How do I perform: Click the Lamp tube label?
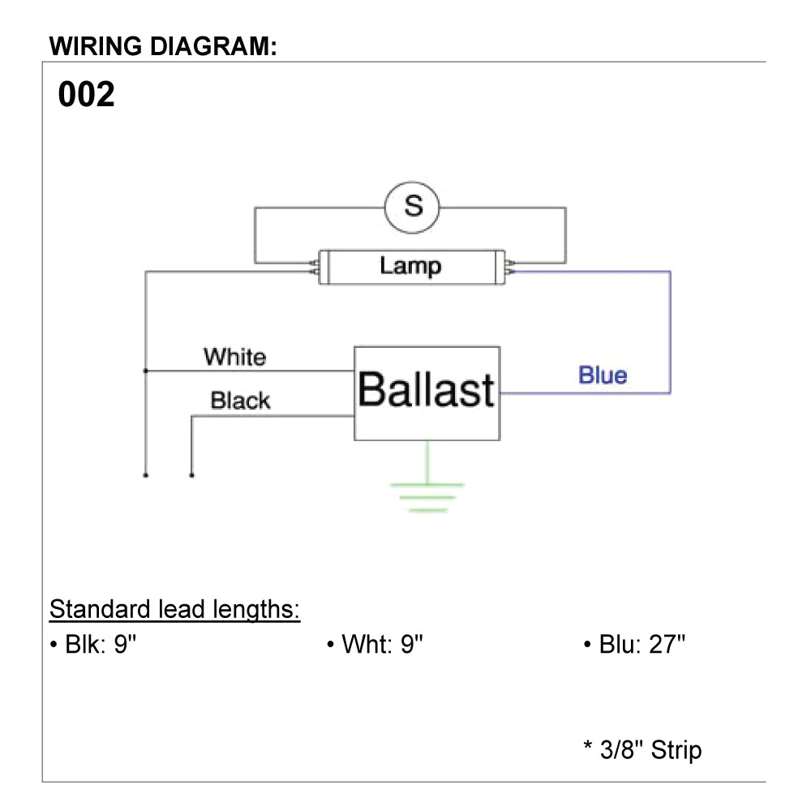pos(410,266)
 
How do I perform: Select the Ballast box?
pos(427,393)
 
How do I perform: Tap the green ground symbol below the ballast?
pos(427,496)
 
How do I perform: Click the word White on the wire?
pos(234,357)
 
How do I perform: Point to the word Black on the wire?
pos(240,401)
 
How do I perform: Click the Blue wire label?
pos(603,375)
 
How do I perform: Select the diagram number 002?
pos(87,96)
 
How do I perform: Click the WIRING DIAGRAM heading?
pos(164,46)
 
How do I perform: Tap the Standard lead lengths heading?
pos(175,609)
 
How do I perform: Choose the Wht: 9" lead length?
pos(375,646)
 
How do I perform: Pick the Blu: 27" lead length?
pos(635,646)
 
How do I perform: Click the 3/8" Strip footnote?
pos(642,749)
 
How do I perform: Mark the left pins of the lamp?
pos(314,267)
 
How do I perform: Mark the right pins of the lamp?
pos(508,267)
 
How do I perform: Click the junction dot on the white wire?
pos(146,371)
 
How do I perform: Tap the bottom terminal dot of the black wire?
pos(191,475)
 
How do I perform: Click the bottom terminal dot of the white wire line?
pos(146,475)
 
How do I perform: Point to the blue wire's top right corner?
pos(670,272)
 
